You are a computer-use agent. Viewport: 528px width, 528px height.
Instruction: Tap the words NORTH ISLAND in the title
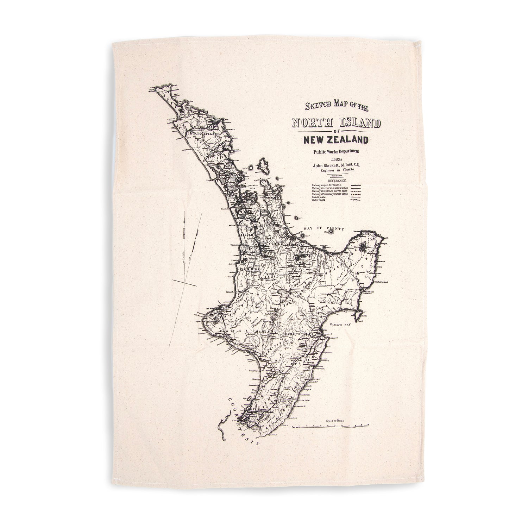click(x=336, y=124)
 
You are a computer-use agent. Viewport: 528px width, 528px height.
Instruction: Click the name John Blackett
click(x=324, y=164)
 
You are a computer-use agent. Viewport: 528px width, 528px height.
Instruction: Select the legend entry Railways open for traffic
click(x=327, y=184)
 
